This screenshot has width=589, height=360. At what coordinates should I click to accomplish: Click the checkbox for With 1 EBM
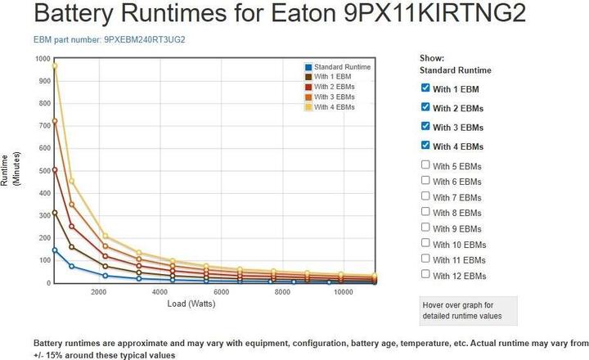[x=425, y=88]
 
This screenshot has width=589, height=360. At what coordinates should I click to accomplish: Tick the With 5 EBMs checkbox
[x=425, y=165]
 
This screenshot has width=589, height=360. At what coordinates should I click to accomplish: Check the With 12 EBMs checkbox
[x=425, y=275]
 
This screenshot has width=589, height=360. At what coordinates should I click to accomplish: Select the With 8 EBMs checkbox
[x=425, y=212]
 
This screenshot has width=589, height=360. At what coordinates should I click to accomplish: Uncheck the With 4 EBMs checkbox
[x=425, y=146]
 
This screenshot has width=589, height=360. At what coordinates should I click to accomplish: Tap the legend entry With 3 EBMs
[x=334, y=97]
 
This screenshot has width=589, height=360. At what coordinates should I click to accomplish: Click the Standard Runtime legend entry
[x=337, y=66]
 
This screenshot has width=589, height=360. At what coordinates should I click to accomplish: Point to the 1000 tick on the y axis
[x=41, y=59]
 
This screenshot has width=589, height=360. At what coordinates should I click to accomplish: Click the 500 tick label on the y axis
[x=43, y=171]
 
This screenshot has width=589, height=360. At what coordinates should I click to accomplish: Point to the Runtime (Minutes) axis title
[x=11, y=170]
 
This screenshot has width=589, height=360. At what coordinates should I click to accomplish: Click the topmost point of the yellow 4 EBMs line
[x=55, y=65]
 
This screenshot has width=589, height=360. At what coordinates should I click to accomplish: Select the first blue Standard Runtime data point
[x=55, y=250]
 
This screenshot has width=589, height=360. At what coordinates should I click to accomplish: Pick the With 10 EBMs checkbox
[x=425, y=243]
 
